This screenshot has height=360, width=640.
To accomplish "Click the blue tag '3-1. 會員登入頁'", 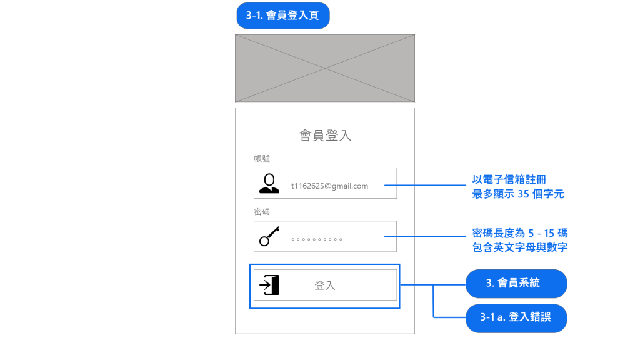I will click(x=282, y=16).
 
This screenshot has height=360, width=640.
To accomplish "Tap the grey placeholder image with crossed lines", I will click(x=324, y=68).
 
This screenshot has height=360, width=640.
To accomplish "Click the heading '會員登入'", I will click(x=325, y=135).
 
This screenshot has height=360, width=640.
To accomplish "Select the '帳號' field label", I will click(x=262, y=159).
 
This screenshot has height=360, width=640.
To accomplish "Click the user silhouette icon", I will click(x=269, y=183).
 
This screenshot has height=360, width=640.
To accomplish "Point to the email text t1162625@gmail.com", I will click(x=329, y=186).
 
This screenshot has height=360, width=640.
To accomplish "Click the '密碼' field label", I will click(x=262, y=212).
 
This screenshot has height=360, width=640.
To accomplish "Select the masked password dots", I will click(x=317, y=239).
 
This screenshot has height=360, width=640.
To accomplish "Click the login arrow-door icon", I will click(x=270, y=285).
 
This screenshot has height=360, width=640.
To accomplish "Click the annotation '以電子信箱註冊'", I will click(x=509, y=180).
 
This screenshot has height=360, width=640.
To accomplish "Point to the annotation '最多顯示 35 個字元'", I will click(x=518, y=194).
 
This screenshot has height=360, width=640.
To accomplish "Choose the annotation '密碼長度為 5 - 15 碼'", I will click(x=520, y=233).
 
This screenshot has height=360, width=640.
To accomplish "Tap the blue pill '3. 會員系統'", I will click(x=516, y=283).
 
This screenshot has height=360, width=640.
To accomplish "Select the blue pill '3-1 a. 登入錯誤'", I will click(x=516, y=317).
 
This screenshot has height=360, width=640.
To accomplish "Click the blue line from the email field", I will click(x=425, y=185).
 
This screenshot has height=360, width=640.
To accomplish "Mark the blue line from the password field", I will click(x=425, y=237).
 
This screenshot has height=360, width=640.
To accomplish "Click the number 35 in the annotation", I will click(x=524, y=194).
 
